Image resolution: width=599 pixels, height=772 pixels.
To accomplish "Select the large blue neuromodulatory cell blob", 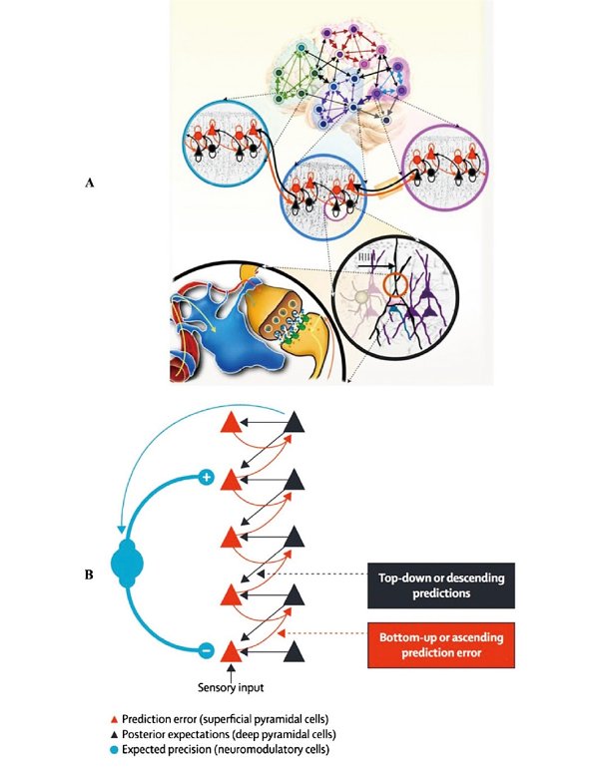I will tap(133, 565).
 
